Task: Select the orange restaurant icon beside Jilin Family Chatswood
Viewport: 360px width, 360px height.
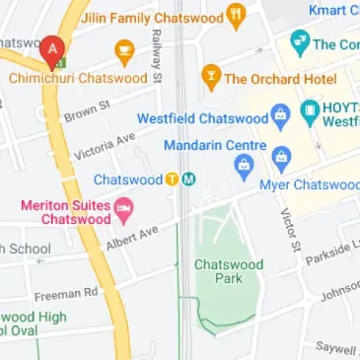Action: tap(236, 15)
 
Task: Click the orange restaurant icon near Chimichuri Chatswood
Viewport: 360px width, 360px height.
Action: tap(125, 49)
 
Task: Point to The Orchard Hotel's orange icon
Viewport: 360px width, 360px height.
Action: tap(210, 76)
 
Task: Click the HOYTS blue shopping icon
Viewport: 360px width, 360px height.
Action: tap(309, 111)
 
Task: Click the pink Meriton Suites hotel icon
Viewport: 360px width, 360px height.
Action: tap(124, 208)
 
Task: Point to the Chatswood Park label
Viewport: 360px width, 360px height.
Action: tap(228, 271)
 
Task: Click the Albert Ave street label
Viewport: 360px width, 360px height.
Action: tap(132, 238)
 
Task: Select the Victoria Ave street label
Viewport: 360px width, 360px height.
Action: tap(105, 147)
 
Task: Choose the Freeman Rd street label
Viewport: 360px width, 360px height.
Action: tap(66, 293)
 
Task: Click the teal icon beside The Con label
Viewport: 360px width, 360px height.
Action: tap(300, 43)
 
